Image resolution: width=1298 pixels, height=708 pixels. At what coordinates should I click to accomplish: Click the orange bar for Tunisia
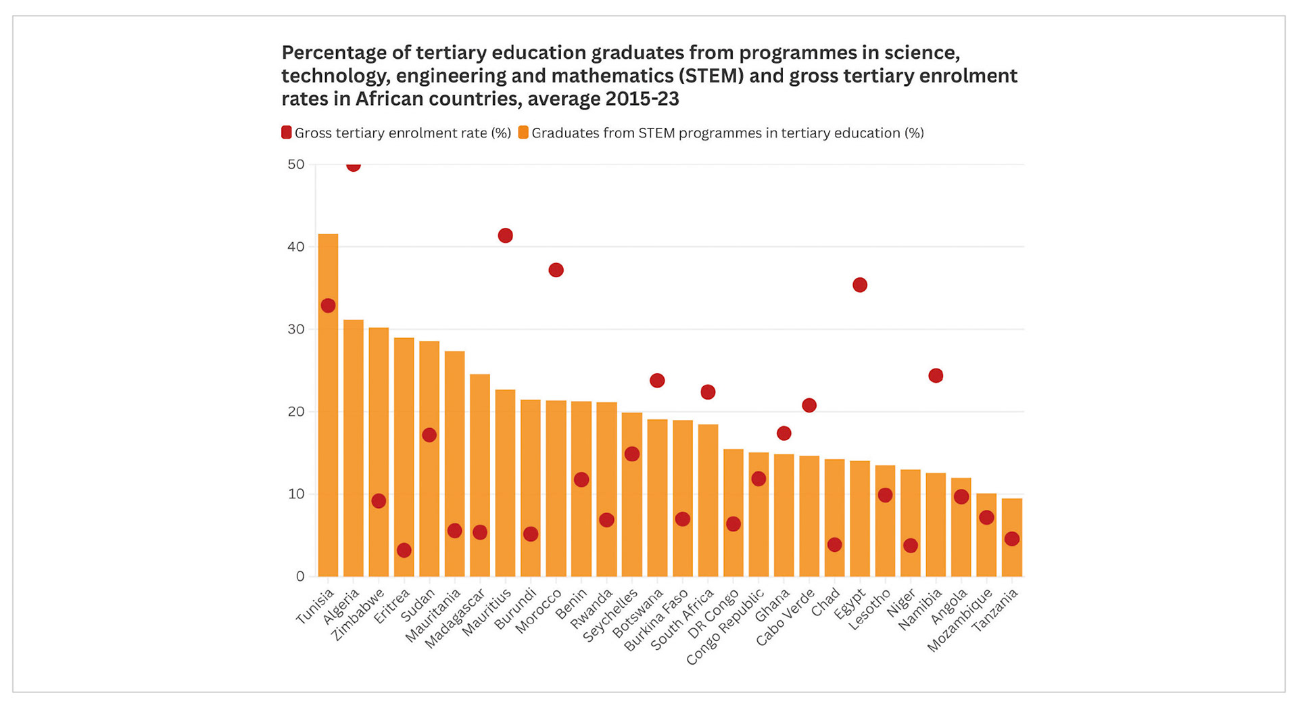[x=328, y=406]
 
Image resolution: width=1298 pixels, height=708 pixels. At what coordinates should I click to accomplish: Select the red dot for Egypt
[x=860, y=285]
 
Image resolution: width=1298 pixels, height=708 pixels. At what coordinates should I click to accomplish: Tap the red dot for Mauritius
[x=505, y=236]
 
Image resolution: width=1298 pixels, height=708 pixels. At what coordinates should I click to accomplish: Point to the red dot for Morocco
[x=556, y=270]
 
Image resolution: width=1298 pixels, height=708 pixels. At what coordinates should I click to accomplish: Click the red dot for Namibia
[x=936, y=376]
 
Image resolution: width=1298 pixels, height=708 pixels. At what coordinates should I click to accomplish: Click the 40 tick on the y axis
[x=296, y=247]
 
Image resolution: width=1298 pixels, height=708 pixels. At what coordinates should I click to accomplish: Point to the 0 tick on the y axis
[x=300, y=576]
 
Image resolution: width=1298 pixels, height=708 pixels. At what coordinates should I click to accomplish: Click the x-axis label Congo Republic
[x=724, y=628]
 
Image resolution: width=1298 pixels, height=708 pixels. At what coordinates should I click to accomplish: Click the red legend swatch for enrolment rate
[x=287, y=133]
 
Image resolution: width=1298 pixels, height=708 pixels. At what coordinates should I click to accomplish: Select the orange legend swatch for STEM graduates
[x=523, y=133]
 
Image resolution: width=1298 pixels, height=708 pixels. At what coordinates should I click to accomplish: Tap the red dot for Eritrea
[x=404, y=550]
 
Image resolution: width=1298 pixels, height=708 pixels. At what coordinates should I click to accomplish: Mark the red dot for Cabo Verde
[x=809, y=406]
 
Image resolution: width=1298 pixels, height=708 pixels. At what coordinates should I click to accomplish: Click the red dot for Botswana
[x=657, y=381]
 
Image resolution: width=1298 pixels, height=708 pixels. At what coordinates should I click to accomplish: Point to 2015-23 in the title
[x=642, y=99]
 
